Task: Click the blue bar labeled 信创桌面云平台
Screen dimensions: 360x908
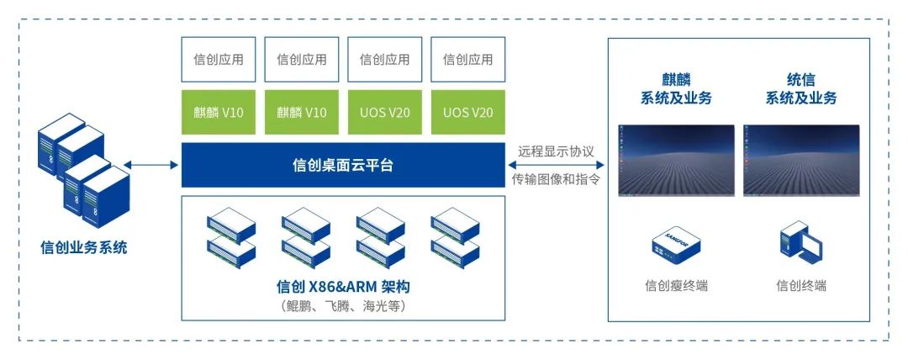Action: [343, 165]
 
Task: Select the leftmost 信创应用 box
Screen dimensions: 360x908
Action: [219, 59]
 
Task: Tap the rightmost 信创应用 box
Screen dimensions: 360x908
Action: [467, 59]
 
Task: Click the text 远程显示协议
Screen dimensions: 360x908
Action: [557, 151]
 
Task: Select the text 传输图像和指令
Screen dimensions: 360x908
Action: [557, 179]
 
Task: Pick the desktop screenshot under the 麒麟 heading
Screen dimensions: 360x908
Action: [676, 161]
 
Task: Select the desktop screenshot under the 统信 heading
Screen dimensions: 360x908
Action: [801, 161]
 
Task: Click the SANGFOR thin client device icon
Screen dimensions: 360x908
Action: [675, 241]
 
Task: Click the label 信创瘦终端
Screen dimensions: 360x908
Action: [676, 286]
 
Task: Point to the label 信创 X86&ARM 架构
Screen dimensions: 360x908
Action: [343, 287]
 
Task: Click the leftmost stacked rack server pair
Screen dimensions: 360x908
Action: [230, 236]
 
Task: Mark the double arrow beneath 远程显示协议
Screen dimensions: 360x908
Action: [557, 166]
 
